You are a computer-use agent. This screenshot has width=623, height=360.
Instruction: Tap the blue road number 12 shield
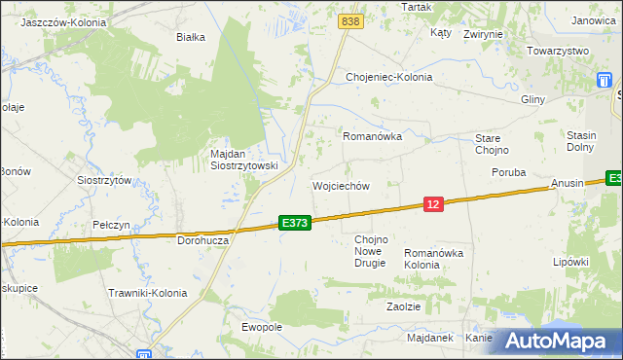pos(434,203)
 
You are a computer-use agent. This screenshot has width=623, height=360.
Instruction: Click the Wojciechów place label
pos(341,186)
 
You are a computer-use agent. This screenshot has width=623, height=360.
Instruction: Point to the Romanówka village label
pos(372,137)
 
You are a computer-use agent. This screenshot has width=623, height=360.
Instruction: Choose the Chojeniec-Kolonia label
pos(388,77)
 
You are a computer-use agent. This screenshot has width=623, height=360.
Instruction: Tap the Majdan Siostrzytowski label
pos(244,160)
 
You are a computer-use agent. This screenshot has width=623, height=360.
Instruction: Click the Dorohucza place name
pos(202,239)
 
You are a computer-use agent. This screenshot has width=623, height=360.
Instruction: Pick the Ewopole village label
pos(262,327)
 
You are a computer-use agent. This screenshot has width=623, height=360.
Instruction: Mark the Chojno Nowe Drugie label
pos(371,251)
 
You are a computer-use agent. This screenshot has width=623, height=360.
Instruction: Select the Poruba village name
pos(508,172)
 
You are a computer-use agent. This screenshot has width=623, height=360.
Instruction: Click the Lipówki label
pos(571,262)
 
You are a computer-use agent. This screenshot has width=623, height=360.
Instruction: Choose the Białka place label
pos(190,38)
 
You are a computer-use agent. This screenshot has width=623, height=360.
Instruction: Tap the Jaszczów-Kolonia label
pos(63,20)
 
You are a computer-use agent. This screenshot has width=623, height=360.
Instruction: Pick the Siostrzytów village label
pos(104,180)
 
